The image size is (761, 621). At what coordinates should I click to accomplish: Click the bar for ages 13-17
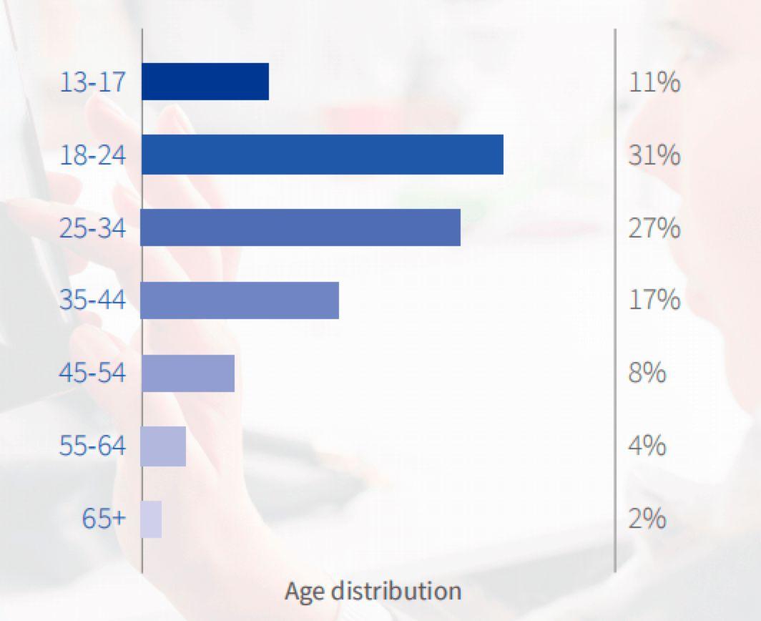[205, 82]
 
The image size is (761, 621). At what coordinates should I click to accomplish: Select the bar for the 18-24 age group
[323, 155]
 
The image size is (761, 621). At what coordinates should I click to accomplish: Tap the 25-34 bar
[300, 228]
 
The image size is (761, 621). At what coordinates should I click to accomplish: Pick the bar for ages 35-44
[240, 300]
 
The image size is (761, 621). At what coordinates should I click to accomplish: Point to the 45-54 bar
[188, 373]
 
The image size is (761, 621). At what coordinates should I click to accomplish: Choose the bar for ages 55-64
[164, 446]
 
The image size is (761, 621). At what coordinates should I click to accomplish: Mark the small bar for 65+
[152, 519]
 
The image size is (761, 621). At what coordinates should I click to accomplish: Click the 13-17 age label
[92, 82]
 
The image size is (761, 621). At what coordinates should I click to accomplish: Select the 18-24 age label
[92, 155]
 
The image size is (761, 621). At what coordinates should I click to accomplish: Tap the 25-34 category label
[92, 228]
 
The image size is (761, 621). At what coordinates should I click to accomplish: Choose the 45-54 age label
[92, 373]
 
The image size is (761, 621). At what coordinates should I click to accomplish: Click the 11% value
[654, 82]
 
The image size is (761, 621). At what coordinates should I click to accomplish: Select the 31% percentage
[654, 155]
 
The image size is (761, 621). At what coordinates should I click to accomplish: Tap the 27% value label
[654, 228]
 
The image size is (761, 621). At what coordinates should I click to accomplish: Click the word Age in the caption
[305, 592]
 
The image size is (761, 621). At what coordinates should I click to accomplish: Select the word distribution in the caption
[396, 591]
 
